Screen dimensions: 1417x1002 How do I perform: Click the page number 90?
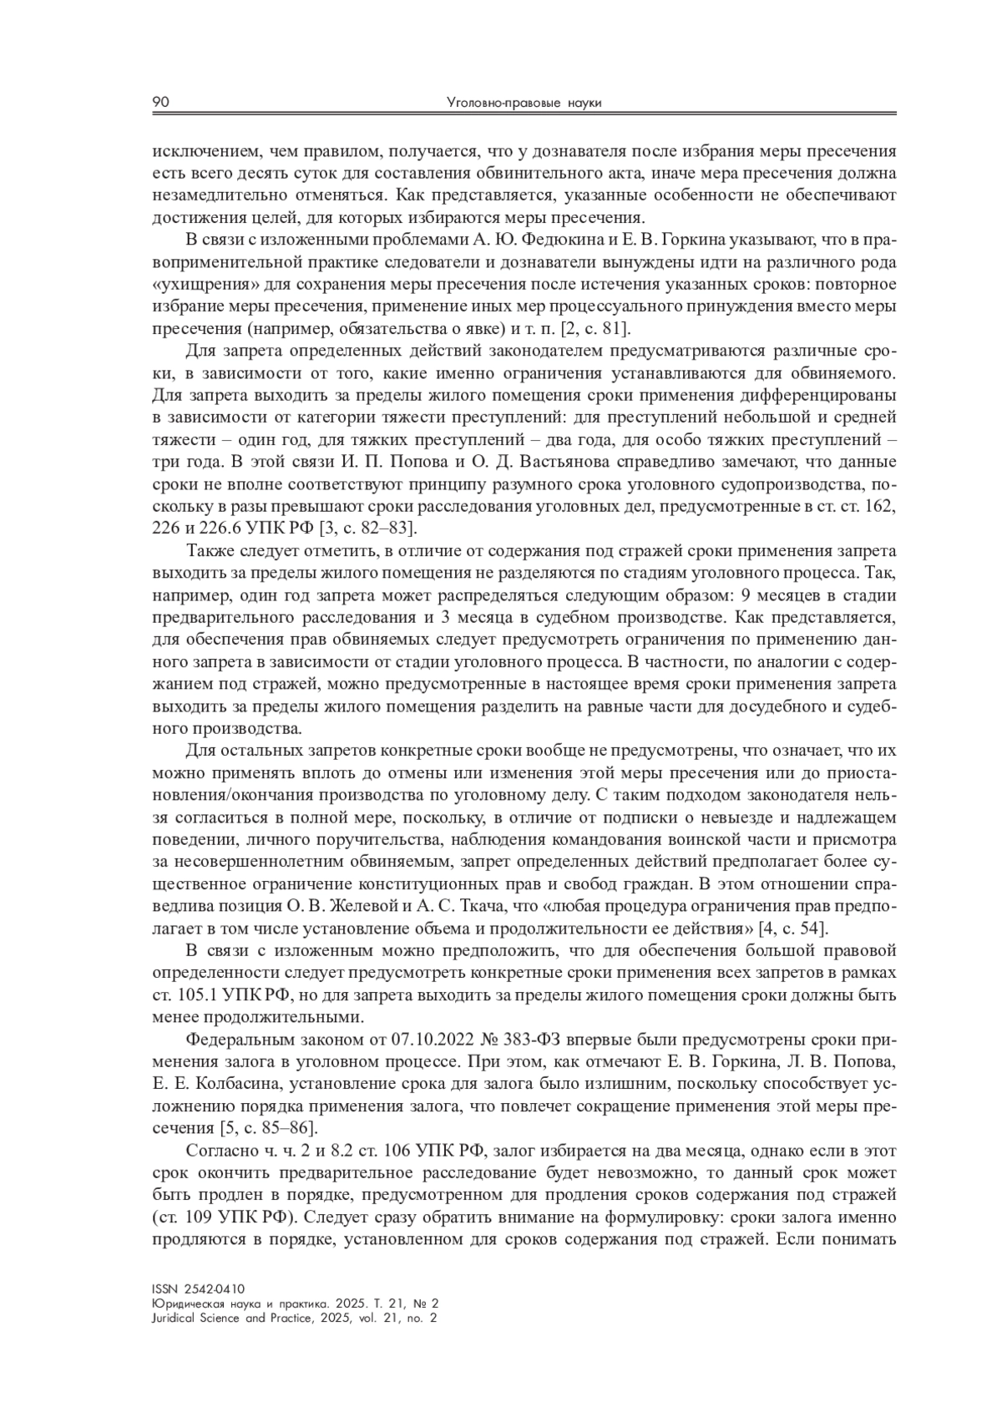(161, 103)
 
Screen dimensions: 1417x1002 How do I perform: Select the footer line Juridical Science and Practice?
(296, 1318)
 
